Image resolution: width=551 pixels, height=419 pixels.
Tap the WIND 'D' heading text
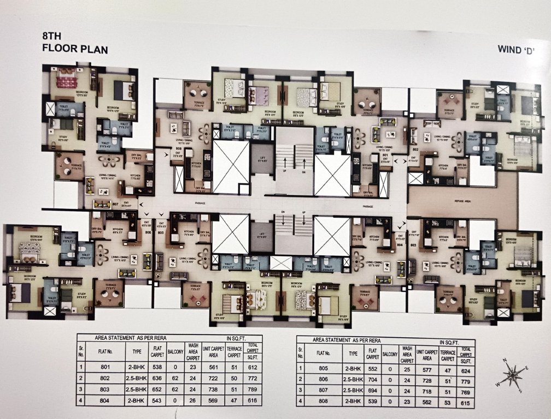(515, 50)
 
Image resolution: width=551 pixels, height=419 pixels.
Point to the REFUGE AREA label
(462, 201)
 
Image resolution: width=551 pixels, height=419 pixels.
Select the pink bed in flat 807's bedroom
(67, 80)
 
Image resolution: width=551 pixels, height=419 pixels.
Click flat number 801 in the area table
(105, 367)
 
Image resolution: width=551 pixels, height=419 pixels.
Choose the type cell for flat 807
(348, 391)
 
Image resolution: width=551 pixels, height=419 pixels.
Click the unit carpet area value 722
(209, 378)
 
